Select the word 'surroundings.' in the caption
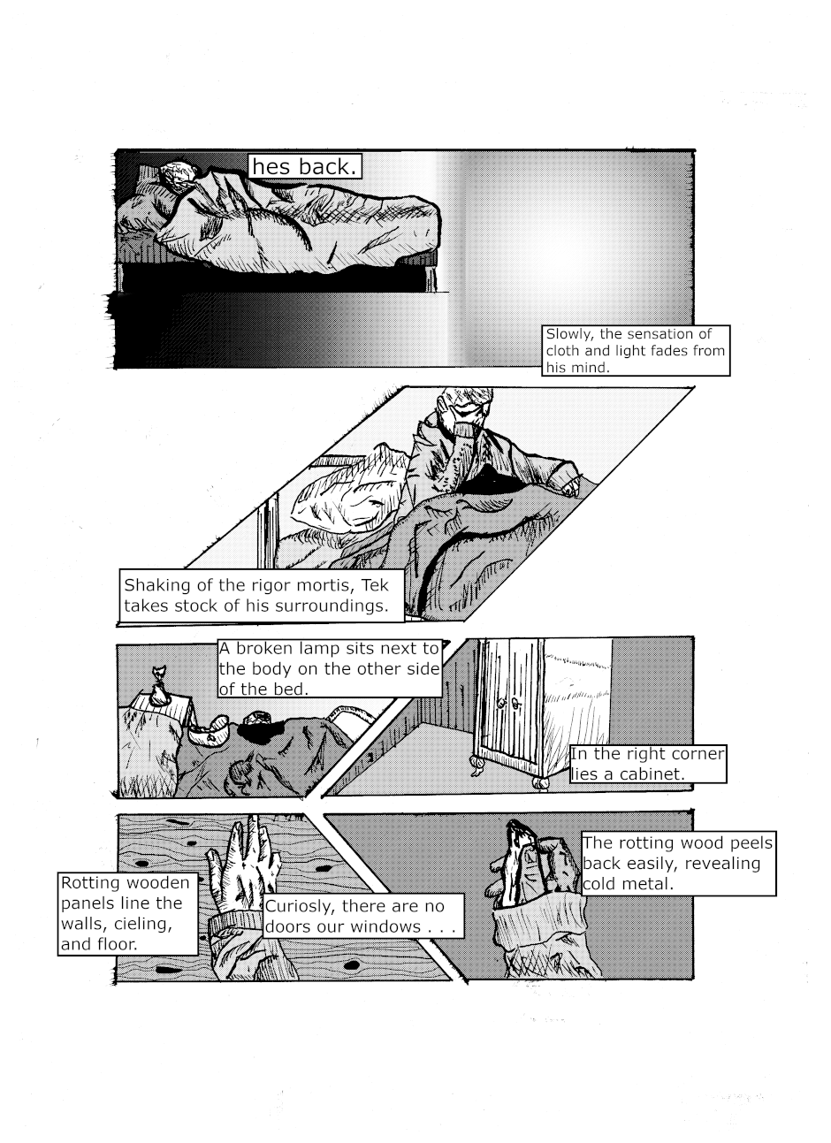[x=332, y=606]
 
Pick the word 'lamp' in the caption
[x=319, y=649]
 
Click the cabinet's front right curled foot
[x=541, y=782]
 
